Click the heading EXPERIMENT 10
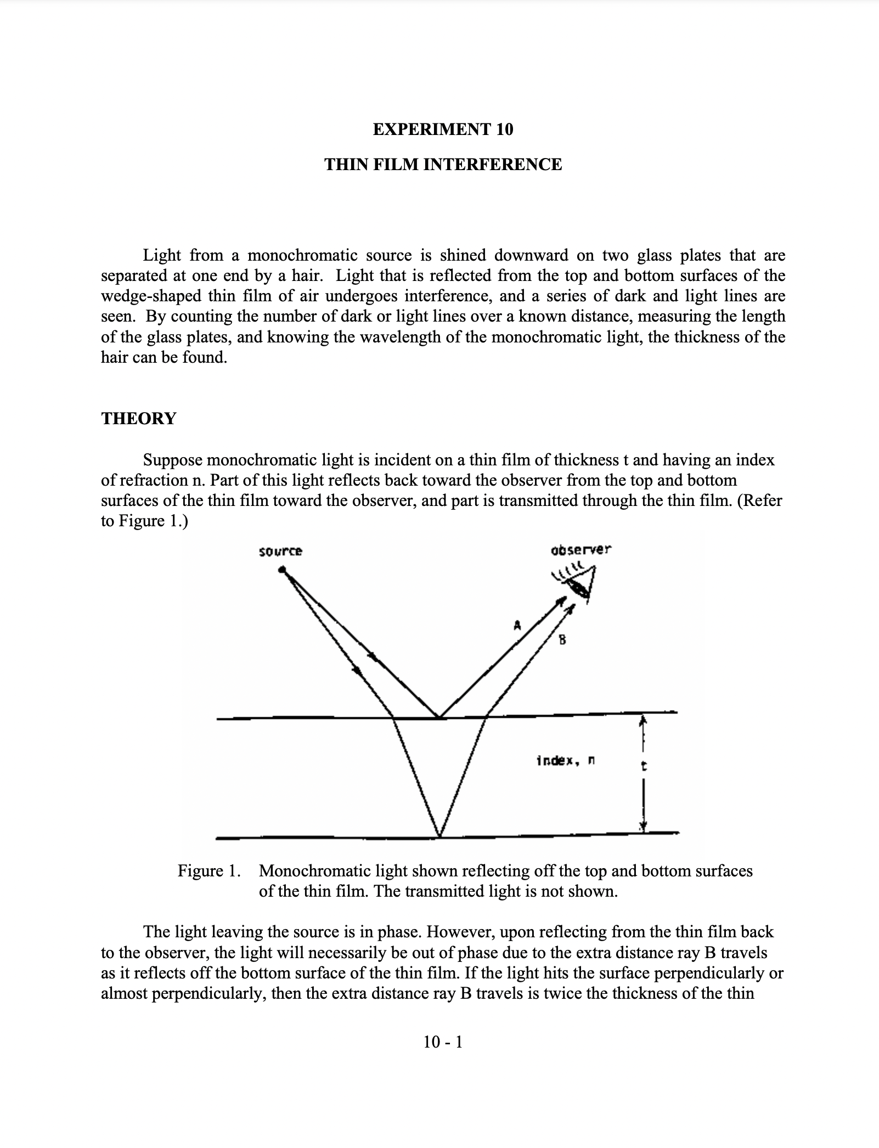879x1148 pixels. point(443,130)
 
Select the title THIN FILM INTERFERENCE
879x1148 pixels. point(443,165)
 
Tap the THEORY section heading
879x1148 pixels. point(138,419)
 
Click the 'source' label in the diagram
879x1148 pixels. point(280,551)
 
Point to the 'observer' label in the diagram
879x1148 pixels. point(581,549)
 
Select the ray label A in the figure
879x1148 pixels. point(516,624)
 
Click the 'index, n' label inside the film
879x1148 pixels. point(566,761)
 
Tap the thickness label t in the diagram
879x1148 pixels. point(644,767)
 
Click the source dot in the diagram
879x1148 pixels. point(282,571)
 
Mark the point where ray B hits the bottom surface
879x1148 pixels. point(439,837)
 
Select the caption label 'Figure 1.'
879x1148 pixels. point(209,871)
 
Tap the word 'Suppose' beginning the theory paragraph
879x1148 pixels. point(172,460)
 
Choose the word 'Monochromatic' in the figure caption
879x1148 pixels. point(314,871)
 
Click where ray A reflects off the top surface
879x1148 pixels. point(439,717)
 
